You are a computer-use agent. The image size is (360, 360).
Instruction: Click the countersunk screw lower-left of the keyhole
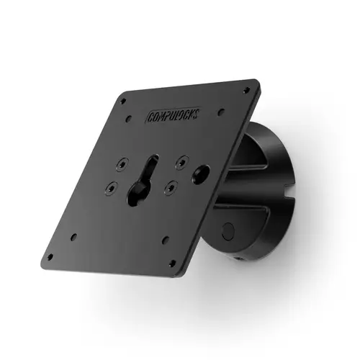coord(111,190)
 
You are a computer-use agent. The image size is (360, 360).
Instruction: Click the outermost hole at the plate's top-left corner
coord(124,99)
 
